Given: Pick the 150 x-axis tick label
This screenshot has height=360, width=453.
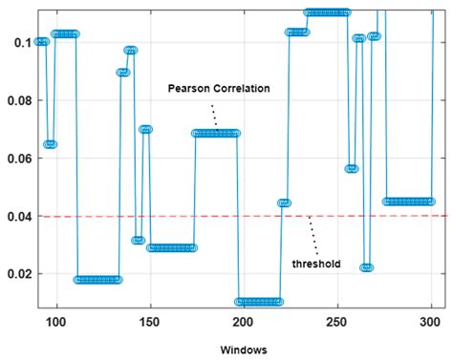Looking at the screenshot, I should [149, 322].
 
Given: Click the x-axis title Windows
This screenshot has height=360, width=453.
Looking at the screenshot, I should [241, 349].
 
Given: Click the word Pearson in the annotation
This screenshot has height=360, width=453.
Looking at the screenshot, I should [188, 89].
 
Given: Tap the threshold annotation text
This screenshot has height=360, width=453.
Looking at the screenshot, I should [316, 263].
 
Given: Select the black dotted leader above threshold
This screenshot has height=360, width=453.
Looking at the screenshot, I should [311, 234].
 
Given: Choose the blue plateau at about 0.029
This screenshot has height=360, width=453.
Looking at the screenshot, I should [172, 248].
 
